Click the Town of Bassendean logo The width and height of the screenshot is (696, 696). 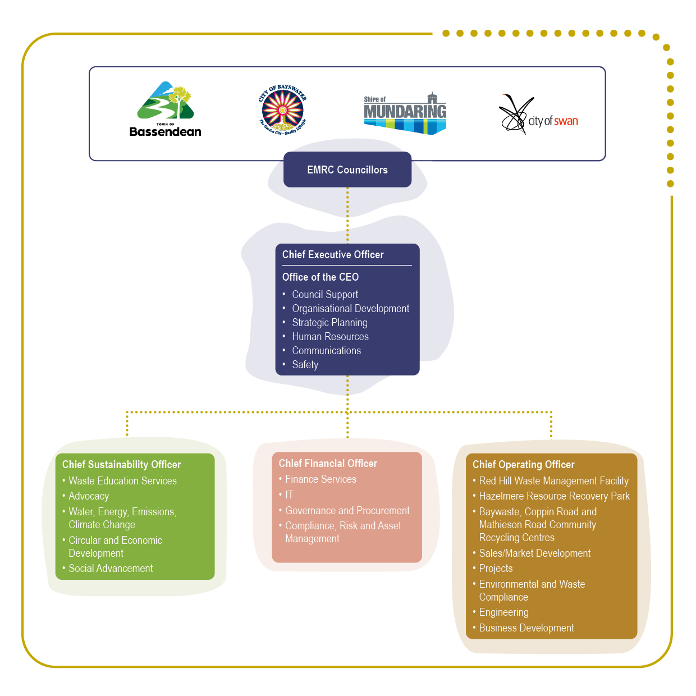(x=165, y=109)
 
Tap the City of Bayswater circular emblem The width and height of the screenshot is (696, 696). (x=282, y=109)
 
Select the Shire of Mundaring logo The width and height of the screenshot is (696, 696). (x=405, y=113)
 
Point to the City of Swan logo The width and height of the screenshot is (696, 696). (x=538, y=115)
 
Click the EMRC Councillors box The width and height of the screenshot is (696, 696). (x=347, y=170)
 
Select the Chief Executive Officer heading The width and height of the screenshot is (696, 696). (x=333, y=255)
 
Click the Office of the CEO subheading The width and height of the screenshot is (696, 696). (x=320, y=277)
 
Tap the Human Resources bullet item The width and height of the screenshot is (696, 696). (x=330, y=337)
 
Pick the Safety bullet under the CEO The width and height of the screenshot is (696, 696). (x=305, y=365)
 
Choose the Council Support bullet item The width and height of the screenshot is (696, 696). (x=325, y=295)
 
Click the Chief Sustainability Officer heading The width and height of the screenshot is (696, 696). (x=121, y=465)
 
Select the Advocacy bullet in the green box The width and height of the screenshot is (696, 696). (x=89, y=496)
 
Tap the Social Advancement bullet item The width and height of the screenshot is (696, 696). (x=111, y=569)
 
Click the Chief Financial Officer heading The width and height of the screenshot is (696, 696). (x=328, y=464)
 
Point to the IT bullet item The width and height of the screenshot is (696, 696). (x=289, y=495)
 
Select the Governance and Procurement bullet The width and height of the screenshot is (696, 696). (x=347, y=511)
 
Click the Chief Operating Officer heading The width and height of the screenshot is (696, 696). (x=523, y=465)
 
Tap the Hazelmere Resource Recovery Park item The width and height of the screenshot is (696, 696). (x=554, y=496)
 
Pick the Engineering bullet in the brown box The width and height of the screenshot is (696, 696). (x=503, y=612)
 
